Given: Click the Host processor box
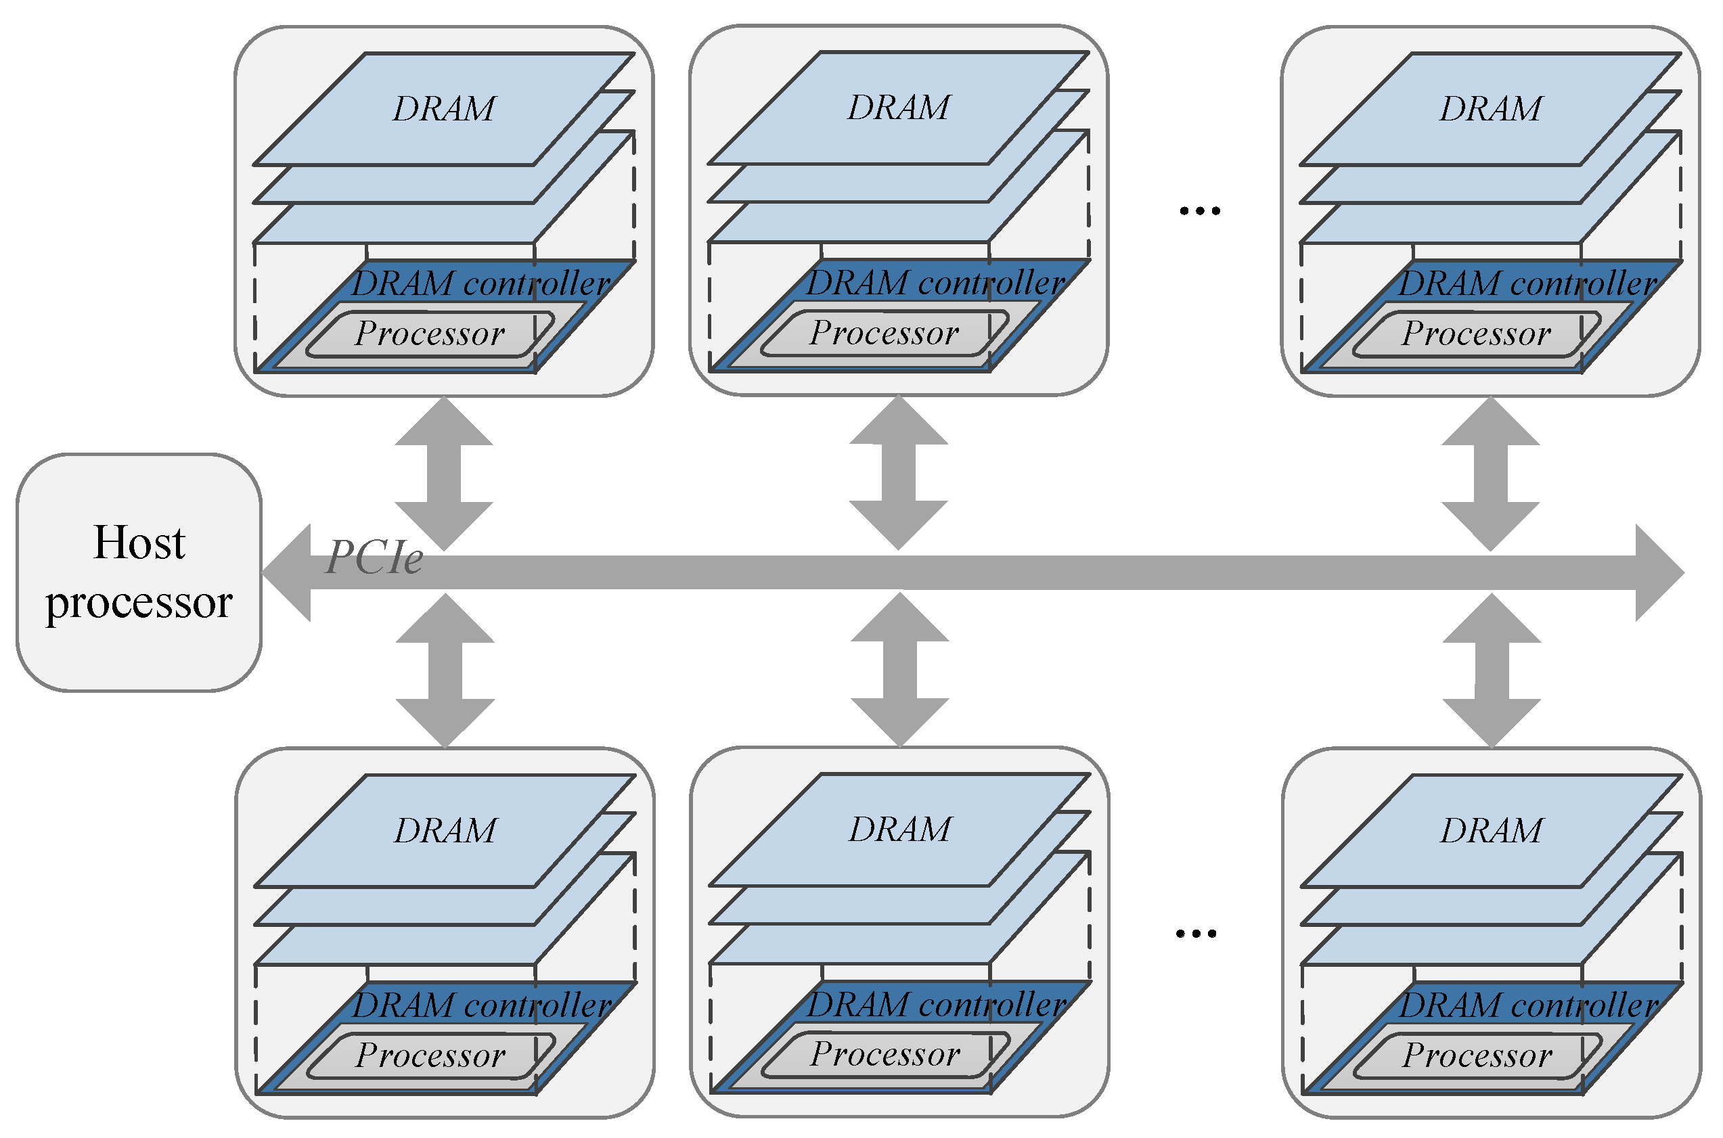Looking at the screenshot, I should [x=139, y=572].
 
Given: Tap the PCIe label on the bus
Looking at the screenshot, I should [x=374, y=558].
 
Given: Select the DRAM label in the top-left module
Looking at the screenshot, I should [x=443, y=109].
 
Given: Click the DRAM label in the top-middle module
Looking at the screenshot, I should [x=899, y=108].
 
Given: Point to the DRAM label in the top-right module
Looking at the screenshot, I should [x=1491, y=109].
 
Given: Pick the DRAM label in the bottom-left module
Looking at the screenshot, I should [x=445, y=830].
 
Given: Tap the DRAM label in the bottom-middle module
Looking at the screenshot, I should [x=900, y=829].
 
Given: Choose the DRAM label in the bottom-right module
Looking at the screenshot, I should [x=1492, y=830].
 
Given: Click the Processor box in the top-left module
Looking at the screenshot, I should [x=430, y=334].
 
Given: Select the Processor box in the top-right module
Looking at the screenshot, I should [x=1476, y=334].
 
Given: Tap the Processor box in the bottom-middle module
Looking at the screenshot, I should [x=885, y=1055].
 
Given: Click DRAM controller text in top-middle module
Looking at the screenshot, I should [x=935, y=282].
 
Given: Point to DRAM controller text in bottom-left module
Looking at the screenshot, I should [x=482, y=1005].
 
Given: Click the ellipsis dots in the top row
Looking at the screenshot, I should [x=1200, y=211].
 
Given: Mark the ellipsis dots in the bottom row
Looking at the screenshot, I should [x=1196, y=933].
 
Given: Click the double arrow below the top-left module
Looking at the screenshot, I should [x=443, y=473].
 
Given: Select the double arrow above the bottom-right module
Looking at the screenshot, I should [x=1492, y=670].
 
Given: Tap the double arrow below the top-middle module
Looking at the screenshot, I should [x=899, y=472].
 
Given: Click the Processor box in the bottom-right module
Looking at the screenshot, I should [x=1478, y=1056].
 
